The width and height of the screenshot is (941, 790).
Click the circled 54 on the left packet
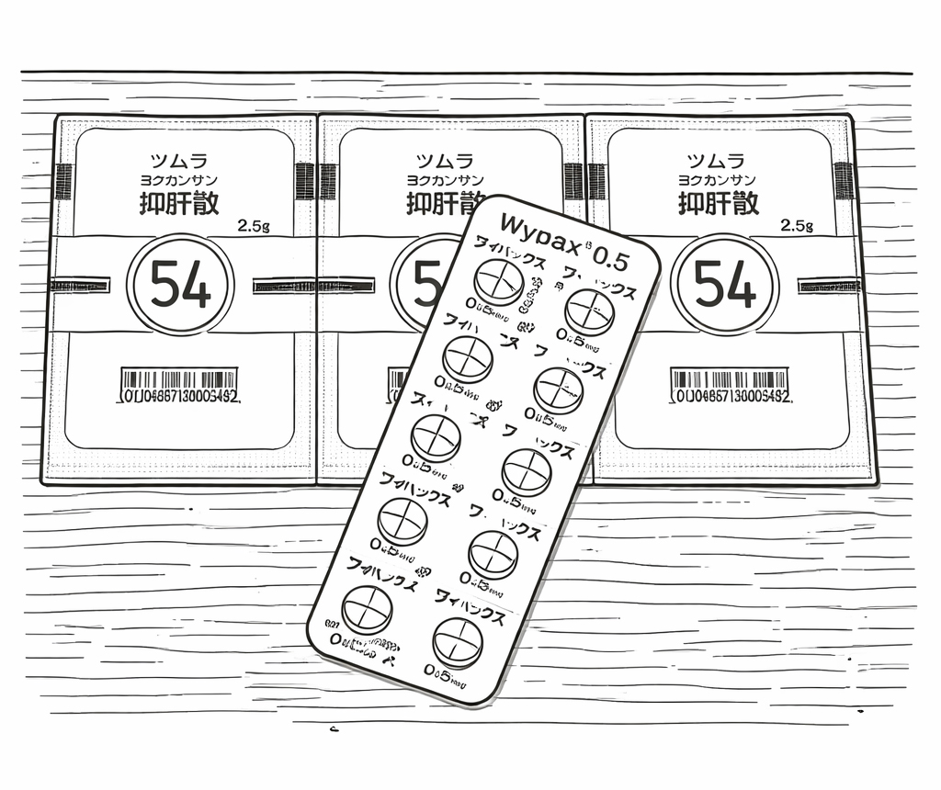(x=180, y=286)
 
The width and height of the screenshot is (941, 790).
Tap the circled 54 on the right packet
(x=724, y=286)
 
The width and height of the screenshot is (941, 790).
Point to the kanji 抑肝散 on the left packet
(x=179, y=202)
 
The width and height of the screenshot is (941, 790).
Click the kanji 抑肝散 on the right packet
(x=719, y=202)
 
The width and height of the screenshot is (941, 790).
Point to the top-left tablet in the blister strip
(x=498, y=278)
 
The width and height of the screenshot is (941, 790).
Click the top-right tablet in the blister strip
(x=589, y=309)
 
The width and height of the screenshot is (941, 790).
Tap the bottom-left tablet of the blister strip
(x=367, y=609)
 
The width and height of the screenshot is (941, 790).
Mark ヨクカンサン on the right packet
(x=718, y=180)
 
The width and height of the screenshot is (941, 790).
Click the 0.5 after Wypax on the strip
(x=610, y=259)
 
